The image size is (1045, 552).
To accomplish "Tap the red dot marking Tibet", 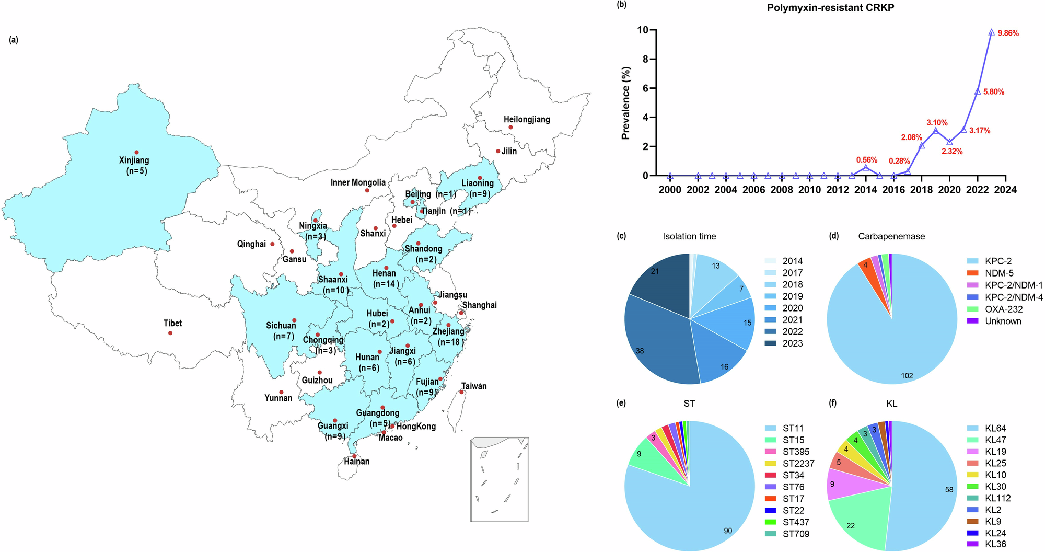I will coord(170,333).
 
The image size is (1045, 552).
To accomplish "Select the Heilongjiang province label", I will coord(527,120).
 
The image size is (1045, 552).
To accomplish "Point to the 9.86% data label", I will coord(1008,33).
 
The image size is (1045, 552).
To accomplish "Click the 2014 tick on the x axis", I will coord(865,190).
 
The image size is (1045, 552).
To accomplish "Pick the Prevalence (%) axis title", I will coord(625,103).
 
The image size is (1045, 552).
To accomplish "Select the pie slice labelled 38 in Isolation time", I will coord(658,340).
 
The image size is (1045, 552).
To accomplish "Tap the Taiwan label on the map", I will coord(474,386).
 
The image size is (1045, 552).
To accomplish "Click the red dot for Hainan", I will coord(354,456).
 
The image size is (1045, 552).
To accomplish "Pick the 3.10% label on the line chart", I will coord(937,123).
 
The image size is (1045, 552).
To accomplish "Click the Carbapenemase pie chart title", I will coord(891,236).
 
